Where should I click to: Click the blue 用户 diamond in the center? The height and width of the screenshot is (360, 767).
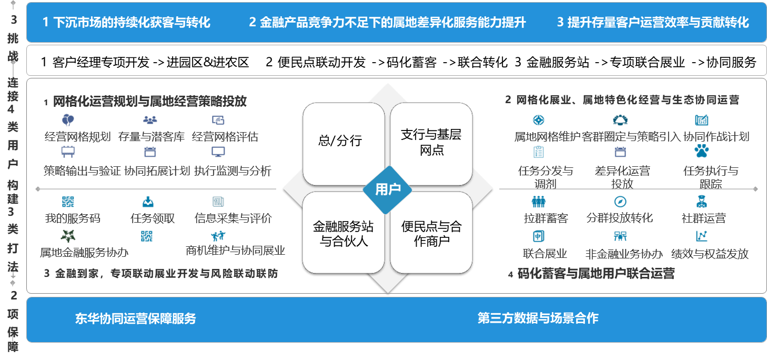(x=388, y=189)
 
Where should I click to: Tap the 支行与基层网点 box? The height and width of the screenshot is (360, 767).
(x=431, y=142)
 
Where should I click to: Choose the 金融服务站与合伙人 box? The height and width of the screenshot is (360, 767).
(x=343, y=234)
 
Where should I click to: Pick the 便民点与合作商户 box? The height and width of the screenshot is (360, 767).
(x=431, y=234)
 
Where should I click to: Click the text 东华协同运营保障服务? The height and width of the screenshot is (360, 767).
(x=135, y=318)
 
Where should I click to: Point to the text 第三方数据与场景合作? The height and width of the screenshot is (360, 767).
(x=538, y=318)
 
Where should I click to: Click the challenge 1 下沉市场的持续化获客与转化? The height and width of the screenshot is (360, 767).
(x=126, y=22)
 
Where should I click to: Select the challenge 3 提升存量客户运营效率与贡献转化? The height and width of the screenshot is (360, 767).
(x=652, y=22)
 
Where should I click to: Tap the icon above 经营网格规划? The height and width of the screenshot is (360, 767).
(x=68, y=119)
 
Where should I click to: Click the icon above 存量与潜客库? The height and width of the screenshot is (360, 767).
(x=150, y=119)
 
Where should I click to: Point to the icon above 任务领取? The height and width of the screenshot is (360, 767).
(x=148, y=201)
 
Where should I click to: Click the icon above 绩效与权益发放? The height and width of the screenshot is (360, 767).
(x=701, y=235)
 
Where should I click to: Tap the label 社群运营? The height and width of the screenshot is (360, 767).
(x=703, y=218)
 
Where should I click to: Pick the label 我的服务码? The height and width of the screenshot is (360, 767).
(x=73, y=218)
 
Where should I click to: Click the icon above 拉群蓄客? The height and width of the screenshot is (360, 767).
(x=539, y=201)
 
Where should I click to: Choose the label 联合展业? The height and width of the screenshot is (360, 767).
(x=545, y=254)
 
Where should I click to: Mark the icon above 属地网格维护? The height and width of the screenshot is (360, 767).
(x=539, y=120)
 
